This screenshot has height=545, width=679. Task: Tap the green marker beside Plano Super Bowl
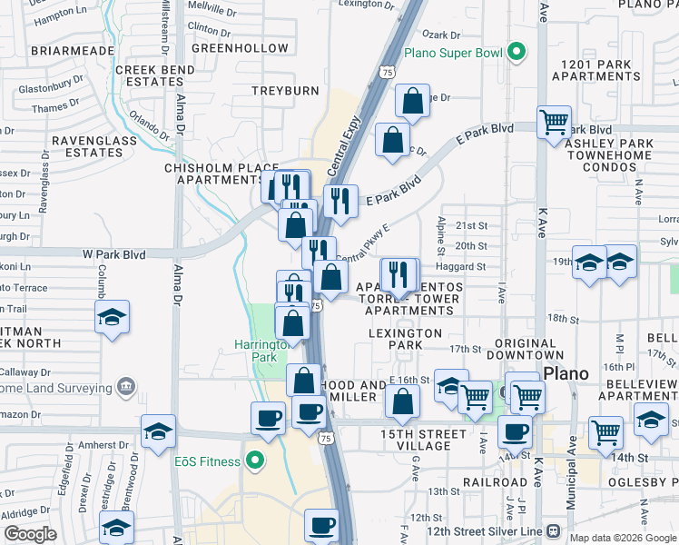[517, 52]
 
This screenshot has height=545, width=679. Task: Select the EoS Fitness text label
[207, 461]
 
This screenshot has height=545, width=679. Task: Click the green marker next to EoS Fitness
[256, 461]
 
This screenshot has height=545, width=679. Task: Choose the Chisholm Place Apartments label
[213, 173]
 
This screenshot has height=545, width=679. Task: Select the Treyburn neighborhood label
[285, 92]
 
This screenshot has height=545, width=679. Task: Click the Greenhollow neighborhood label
[227, 47]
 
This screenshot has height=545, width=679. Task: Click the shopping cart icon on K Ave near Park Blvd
[554, 122]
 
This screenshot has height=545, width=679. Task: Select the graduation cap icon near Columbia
[112, 318]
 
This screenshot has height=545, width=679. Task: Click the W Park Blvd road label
[114, 253]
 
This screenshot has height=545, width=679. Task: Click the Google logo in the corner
[31, 535]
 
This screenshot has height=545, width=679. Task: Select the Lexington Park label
[408, 340]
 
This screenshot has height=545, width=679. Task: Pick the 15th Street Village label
[417, 440]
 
